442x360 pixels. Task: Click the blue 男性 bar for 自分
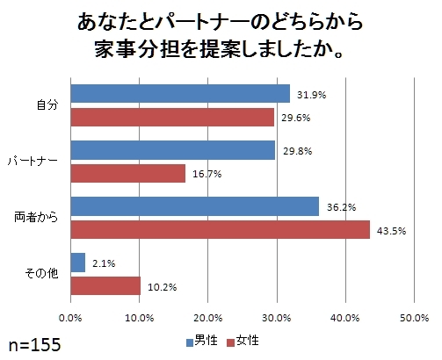pyautogui.click(x=179, y=93)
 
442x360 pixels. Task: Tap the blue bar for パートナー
pyautogui.click(x=172, y=150)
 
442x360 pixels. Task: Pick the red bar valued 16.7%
pyautogui.click(x=127, y=174)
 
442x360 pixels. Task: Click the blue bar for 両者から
pyautogui.click(x=194, y=206)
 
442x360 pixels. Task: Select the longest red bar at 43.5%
pyautogui.click(x=220, y=229)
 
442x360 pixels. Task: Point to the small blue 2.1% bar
pyautogui.click(x=77, y=263)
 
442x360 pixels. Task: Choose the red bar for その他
pyautogui.click(x=105, y=286)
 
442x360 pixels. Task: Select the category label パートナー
pyautogui.click(x=33, y=162)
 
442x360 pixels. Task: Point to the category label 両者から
pyautogui.click(x=37, y=218)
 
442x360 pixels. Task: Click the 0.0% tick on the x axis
pyautogui.click(x=70, y=319)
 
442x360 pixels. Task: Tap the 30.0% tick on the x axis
pyautogui.click(x=277, y=319)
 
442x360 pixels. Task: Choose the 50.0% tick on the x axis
pyautogui.click(x=414, y=319)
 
